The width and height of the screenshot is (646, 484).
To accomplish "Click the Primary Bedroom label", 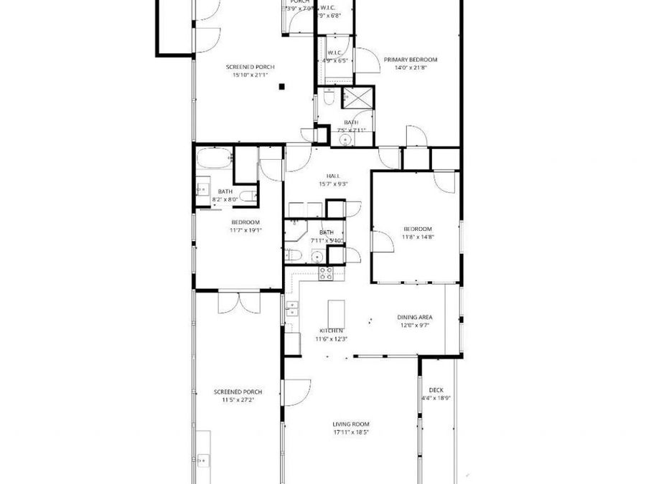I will [x=410, y=60].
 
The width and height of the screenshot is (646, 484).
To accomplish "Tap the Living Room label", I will [x=351, y=424].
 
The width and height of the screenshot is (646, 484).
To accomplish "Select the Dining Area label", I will [x=415, y=317].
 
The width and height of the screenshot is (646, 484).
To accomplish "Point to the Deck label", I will [x=436, y=390].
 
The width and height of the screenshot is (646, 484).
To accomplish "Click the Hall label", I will [x=333, y=176].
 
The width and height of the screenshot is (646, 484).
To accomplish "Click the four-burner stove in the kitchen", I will [x=326, y=272].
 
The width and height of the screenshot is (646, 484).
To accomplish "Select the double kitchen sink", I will [x=292, y=308].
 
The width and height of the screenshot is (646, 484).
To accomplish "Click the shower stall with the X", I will [x=360, y=97].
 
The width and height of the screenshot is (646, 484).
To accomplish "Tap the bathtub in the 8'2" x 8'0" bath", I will [x=213, y=156].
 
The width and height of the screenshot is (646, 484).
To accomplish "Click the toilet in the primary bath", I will [x=328, y=98].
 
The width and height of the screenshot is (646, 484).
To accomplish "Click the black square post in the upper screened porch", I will [x=283, y=87].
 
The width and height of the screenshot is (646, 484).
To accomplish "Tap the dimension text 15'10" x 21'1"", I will [x=250, y=75].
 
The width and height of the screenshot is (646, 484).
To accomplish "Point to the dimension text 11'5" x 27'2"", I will [x=238, y=399].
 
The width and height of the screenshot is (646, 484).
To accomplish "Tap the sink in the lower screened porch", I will [x=204, y=459].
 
